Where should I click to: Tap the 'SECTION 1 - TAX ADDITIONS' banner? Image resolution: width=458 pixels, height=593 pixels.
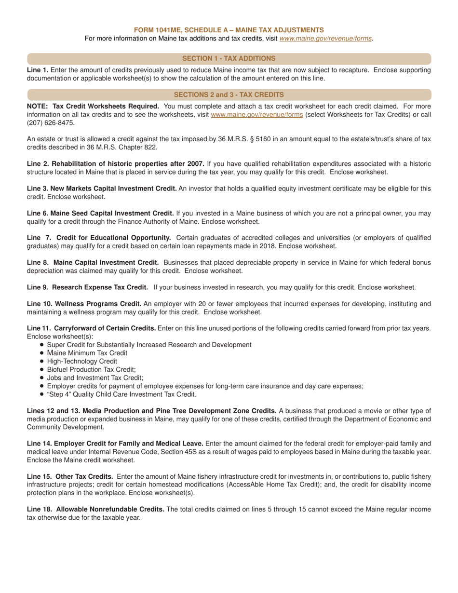click(229, 58)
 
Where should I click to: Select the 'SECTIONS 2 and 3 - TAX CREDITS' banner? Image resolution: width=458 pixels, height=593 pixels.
click(229, 94)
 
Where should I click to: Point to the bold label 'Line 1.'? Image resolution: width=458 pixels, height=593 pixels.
click(38, 70)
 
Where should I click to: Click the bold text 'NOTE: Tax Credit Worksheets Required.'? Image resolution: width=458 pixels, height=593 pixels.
click(93, 106)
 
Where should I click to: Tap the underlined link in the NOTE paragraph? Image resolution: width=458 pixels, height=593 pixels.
click(257, 115)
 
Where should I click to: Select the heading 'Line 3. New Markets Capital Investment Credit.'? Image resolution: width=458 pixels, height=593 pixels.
click(102, 189)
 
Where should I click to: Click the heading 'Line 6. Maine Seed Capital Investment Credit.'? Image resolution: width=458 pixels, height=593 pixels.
click(100, 213)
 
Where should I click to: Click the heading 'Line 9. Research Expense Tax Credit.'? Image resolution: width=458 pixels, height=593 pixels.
click(87, 287)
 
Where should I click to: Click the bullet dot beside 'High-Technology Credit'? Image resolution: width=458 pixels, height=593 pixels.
click(42, 361)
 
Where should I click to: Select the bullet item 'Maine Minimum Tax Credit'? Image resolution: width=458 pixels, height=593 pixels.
click(87, 353)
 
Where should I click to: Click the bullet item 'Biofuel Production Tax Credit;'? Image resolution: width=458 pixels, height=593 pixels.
click(91, 369)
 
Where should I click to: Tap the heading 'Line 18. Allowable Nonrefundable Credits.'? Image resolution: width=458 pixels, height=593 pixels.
click(95, 509)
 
